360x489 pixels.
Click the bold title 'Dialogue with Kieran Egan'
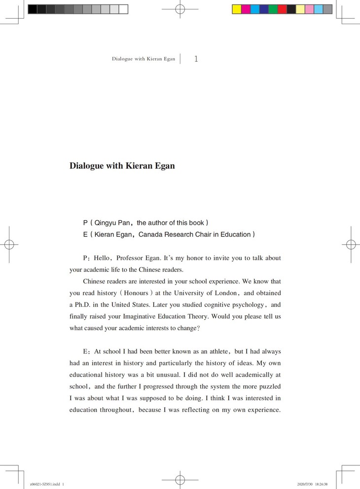pyautogui.click(x=122, y=166)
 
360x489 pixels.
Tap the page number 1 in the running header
pyautogui.click(x=196, y=59)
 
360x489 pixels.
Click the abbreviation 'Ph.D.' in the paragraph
pyautogui.click(x=82, y=305)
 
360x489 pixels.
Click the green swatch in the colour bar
pyautogui.click(x=273, y=9)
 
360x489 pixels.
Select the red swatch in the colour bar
pyautogui.click(x=282, y=9)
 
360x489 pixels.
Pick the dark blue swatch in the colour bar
pyautogui.click(x=264, y=9)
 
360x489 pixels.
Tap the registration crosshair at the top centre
pyautogui.click(x=180, y=9)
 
